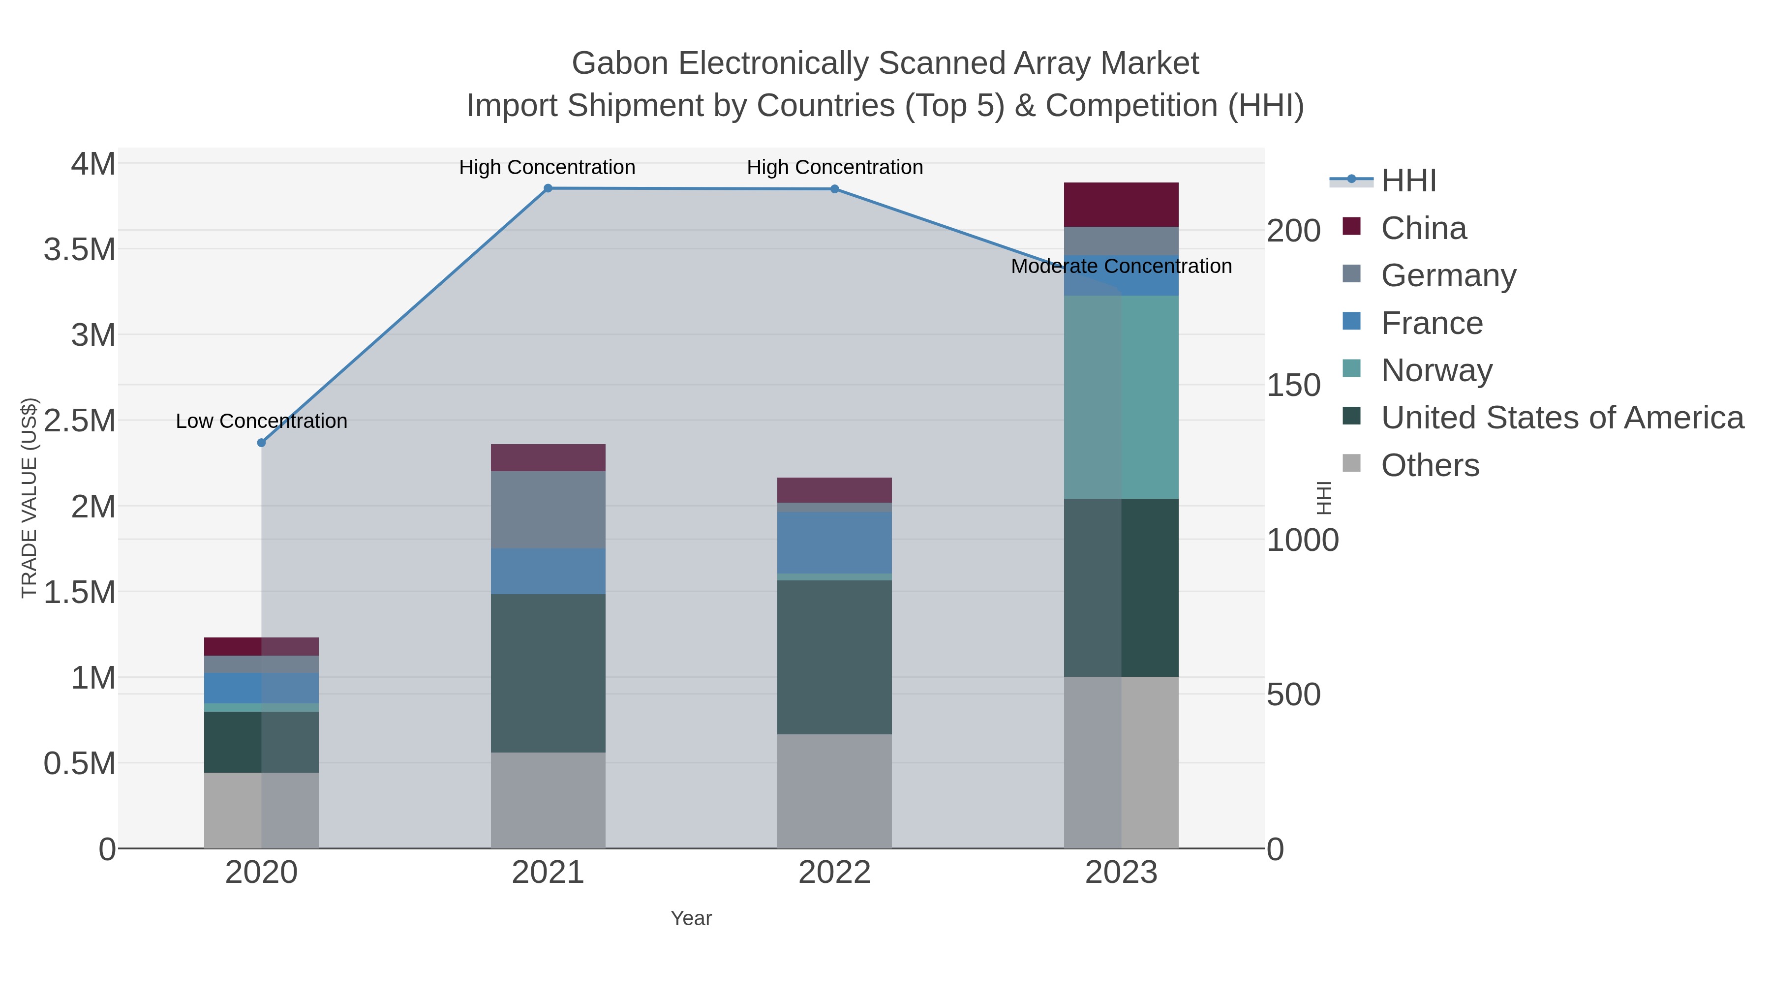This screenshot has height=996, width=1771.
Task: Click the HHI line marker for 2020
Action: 261,443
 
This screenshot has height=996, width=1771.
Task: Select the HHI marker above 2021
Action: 548,188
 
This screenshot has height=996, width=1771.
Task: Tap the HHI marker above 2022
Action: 835,189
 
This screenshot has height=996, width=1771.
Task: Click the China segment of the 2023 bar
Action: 1121,205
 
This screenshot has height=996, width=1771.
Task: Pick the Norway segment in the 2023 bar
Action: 1121,397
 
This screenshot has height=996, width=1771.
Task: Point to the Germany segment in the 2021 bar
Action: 548,510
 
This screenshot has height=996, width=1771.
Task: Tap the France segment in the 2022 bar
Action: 835,543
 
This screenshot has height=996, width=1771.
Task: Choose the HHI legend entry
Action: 1408,181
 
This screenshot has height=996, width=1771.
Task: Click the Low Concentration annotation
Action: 261,421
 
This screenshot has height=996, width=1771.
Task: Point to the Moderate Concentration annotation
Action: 1121,266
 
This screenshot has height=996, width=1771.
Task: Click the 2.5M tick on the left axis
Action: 80,421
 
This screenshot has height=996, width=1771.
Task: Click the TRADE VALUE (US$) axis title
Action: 29,498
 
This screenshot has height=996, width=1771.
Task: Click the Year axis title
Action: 691,918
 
